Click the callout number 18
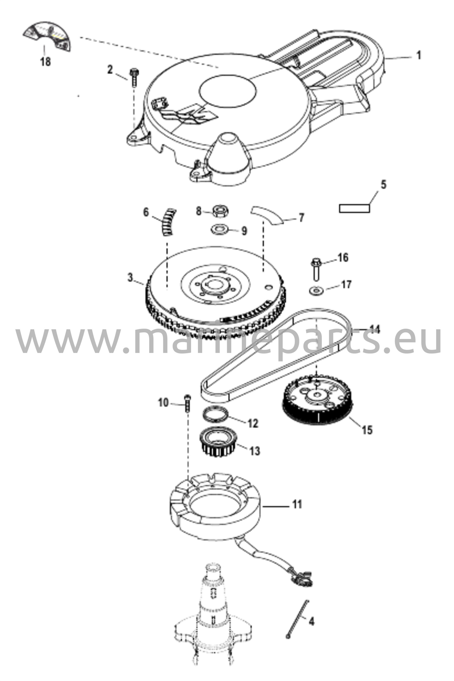tap(46, 62)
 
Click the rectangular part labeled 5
tap(354, 208)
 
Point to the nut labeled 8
tap(219, 211)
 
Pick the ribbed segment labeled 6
tap(169, 221)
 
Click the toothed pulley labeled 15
tap(316, 401)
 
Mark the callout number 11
tap(297, 504)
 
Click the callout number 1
tap(419, 55)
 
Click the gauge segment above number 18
tap(47, 36)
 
